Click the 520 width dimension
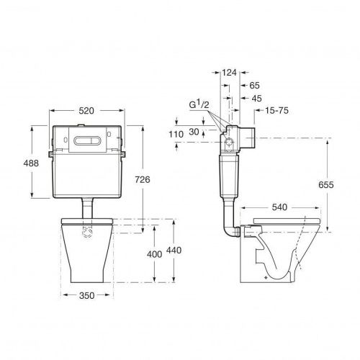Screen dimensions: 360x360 86,111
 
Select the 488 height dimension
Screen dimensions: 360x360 31,163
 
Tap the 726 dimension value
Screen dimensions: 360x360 143,179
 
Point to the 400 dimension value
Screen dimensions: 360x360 154,254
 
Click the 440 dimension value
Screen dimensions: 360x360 174,251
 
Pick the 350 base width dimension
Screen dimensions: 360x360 86,295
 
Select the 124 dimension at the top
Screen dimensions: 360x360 229,72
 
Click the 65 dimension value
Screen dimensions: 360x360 255,85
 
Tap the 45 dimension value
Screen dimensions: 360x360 256,98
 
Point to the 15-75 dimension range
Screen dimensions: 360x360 276,110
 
